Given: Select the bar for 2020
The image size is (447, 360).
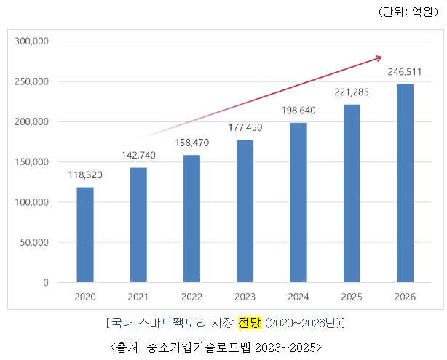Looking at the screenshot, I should [85, 234].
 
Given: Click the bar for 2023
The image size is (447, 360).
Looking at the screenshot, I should [245, 211].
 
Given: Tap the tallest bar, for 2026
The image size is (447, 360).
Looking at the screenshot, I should [405, 183].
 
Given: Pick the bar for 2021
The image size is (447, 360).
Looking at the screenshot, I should [138, 225].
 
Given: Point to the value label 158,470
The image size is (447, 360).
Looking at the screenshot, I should [191, 143].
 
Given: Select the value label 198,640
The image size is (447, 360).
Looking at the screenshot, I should [298, 111].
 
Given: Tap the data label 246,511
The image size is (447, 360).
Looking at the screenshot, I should [405, 72].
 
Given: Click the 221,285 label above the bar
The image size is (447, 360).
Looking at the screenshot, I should [352, 92].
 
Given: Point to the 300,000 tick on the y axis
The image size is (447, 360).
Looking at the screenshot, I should [31, 41].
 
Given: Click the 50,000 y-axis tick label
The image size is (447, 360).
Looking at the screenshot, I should [33, 242].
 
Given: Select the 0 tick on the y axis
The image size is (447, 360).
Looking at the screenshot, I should [44, 282].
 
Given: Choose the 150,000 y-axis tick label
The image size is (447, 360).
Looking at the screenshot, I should [31, 161].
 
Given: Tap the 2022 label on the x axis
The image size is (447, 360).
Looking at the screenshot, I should [191, 296].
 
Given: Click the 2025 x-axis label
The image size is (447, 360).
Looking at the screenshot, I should [352, 296].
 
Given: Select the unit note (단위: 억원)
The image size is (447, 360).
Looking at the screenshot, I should [406, 12].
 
